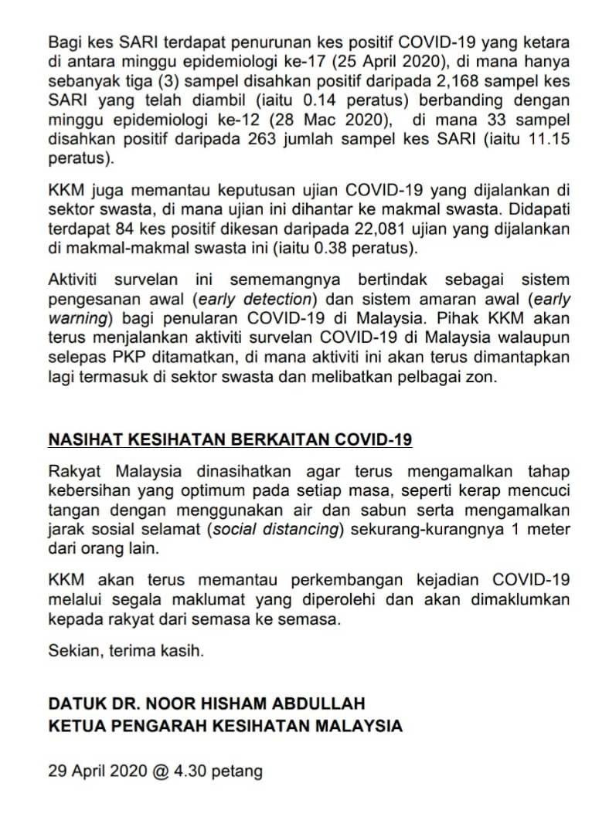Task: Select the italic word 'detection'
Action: [x=274, y=299]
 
